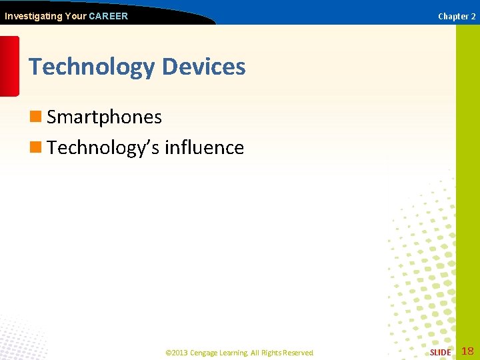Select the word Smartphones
[x=104, y=117]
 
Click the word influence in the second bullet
[x=204, y=147]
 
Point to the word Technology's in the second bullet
[x=103, y=148]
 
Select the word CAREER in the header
[x=108, y=16]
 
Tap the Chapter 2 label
[x=457, y=17]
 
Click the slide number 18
[x=467, y=351]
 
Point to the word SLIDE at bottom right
[x=440, y=352]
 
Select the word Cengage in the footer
[x=205, y=353]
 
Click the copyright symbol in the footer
[x=168, y=353]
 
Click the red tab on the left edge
[x=9, y=66]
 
